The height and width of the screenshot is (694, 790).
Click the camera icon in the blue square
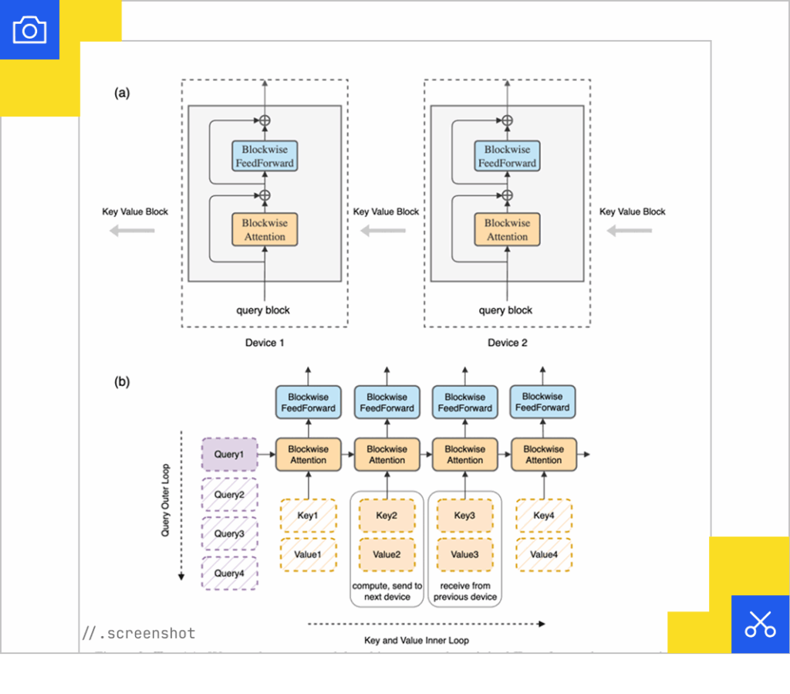(x=29, y=30)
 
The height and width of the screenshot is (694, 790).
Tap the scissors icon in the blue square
(x=760, y=624)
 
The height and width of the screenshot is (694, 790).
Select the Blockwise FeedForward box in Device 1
(x=265, y=156)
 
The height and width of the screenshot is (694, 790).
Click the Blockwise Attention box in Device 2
(x=507, y=229)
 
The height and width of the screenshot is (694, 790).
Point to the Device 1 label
(x=265, y=343)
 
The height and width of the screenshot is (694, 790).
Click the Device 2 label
(x=507, y=343)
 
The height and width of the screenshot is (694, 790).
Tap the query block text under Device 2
(x=505, y=310)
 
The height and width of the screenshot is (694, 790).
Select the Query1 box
(x=229, y=455)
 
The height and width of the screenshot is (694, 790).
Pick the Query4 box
(x=229, y=573)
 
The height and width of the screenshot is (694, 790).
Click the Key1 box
(x=308, y=515)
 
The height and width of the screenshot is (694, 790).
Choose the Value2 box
(x=387, y=554)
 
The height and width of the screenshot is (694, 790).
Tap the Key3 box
(x=465, y=515)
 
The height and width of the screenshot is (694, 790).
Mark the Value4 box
(x=543, y=554)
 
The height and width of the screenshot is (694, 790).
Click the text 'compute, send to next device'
(x=387, y=591)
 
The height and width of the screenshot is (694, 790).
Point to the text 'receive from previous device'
(x=465, y=591)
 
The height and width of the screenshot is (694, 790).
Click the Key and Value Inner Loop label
(x=416, y=640)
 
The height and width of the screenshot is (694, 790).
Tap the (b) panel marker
(x=122, y=381)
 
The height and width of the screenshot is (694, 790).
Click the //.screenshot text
(x=139, y=634)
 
